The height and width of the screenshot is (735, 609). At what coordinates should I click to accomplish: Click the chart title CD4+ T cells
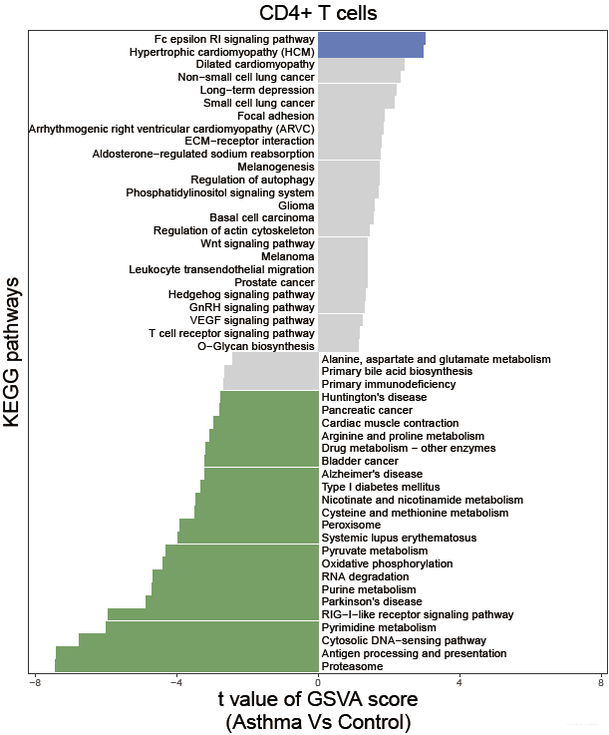pos(317,13)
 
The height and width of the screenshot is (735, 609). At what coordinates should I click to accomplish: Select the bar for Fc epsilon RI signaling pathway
pos(371,39)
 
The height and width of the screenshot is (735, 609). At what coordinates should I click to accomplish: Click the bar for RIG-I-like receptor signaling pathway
pos(212,614)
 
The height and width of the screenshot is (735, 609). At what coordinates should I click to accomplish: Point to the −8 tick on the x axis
pos(35,683)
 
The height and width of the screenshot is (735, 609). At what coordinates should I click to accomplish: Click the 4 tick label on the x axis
pos(459,683)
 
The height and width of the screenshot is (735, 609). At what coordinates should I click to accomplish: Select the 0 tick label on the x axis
pos(318,683)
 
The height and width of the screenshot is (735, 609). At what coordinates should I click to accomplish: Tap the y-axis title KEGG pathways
pos(13,352)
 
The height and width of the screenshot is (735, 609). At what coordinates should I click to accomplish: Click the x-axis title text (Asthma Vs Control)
pos(318,720)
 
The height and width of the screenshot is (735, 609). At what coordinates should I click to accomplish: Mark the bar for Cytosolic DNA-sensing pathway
pos(198,640)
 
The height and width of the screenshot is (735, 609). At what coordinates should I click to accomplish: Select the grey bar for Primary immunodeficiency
pos(270,384)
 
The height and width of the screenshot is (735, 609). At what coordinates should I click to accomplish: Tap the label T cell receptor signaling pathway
pos(231,333)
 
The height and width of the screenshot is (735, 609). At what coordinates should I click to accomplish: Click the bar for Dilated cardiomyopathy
pos(361,64)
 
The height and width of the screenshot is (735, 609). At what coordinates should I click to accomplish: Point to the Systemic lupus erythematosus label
pos(399,538)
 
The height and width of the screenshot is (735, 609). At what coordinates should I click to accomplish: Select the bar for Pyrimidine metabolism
pos(211,627)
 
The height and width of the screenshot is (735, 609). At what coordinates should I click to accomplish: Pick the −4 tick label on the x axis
pos(176,683)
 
